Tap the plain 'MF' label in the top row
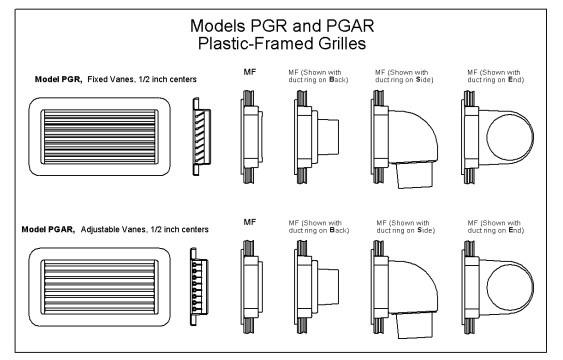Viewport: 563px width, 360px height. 250,72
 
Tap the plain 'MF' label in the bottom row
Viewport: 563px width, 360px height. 250,222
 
